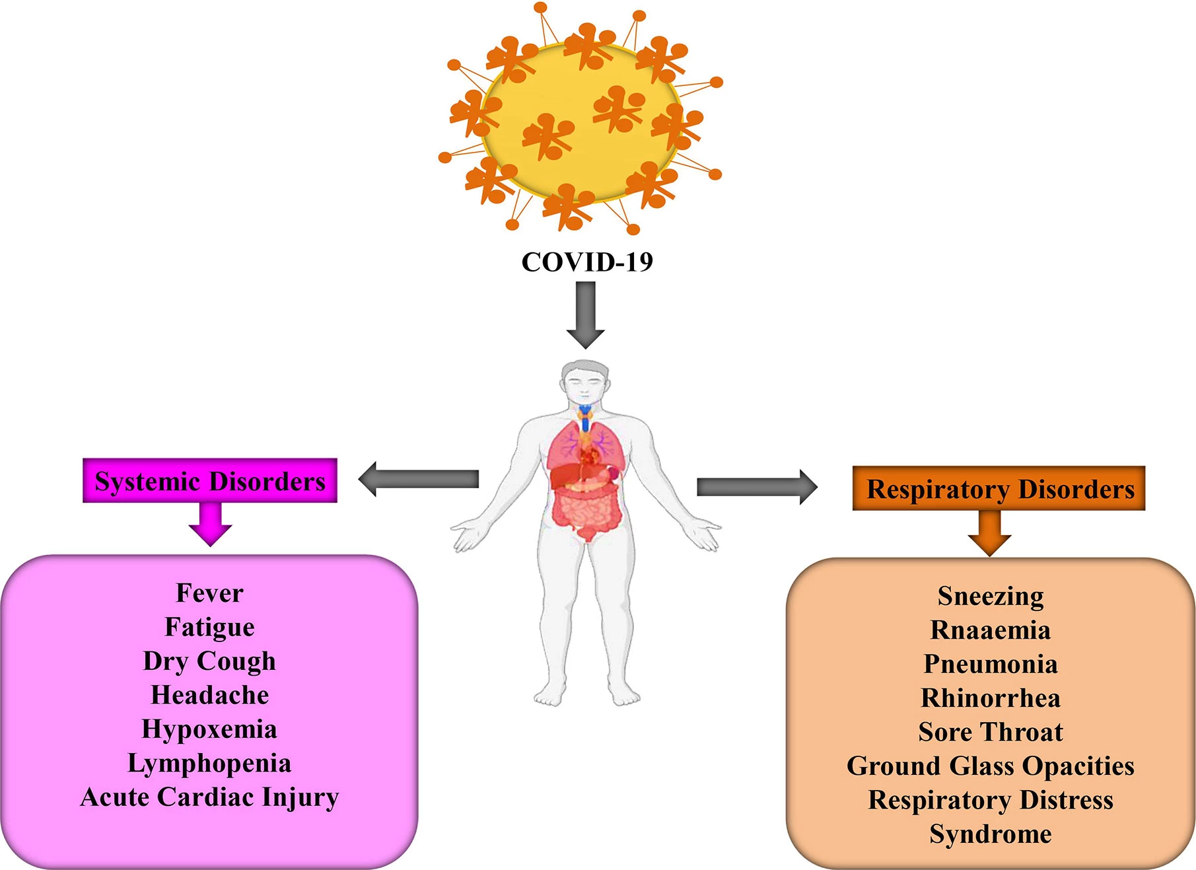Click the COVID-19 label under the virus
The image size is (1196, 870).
pos(587,262)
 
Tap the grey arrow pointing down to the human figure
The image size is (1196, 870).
pos(586,315)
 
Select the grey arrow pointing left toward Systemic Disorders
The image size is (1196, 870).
pos(419,479)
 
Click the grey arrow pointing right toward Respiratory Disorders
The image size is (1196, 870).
pos(757,488)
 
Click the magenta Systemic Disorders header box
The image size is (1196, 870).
pos(210,480)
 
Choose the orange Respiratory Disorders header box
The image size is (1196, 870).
pos(999,488)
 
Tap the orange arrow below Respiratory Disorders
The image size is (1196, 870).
pos(990,533)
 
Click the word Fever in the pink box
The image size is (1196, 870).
pos(210,593)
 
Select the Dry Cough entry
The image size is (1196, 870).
pos(209,661)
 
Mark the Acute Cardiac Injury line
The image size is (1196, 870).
pos(209,797)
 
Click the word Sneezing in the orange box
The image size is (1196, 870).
pos(991,597)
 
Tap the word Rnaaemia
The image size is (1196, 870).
pos(991,630)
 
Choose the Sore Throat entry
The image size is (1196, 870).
pos(991,732)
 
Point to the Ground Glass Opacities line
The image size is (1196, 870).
pos(991,766)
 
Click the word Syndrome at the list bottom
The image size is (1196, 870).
pos(991,834)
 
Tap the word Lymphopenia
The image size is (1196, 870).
pos(209,764)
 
